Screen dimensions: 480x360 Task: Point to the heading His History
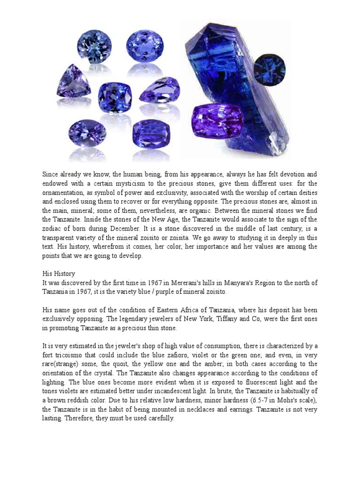[x=59, y=273]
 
